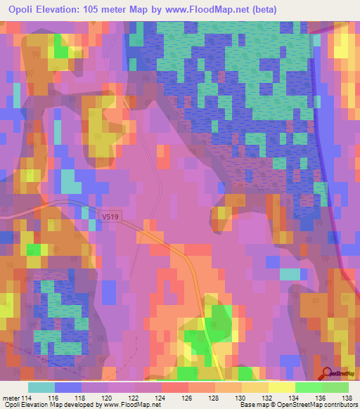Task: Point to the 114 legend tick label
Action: click(x=27, y=398)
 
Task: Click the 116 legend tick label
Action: click(x=54, y=398)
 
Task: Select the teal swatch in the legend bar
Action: click(x=41, y=387)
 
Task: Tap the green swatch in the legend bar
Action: click(x=308, y=387)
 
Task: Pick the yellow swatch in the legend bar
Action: click(x=281, y=387)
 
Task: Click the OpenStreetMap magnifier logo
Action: click(x=326, y=375)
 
